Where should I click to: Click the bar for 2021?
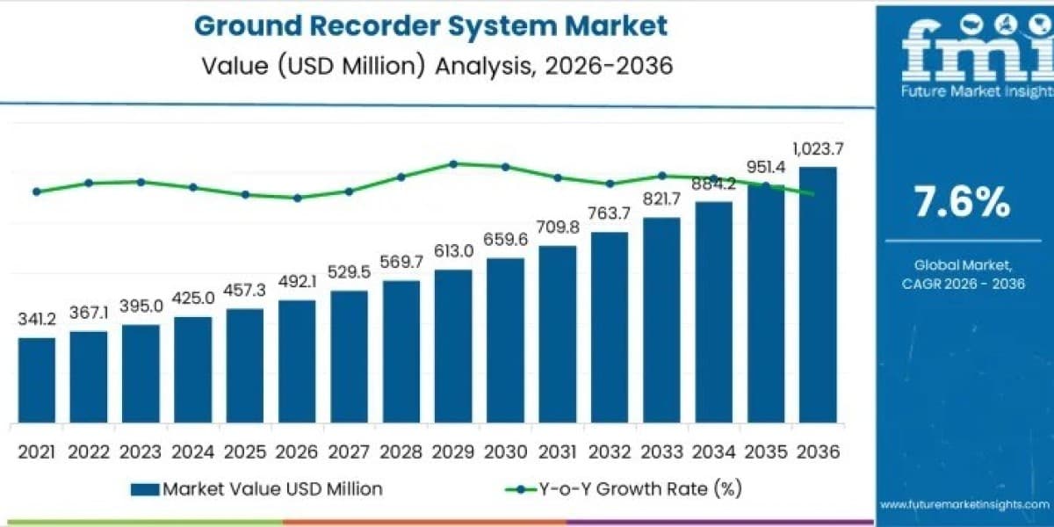(37, 380)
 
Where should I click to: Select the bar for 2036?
(818, 294)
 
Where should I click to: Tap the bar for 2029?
(453, 346)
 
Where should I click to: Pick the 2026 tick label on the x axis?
(297, 451)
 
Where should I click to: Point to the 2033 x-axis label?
(661, 451)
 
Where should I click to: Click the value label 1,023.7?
(818, 149)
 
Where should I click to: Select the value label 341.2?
(37, 319)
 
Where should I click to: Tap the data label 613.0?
(453, 251)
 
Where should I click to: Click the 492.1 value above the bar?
(297, 281)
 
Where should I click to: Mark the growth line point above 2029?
(453, 164)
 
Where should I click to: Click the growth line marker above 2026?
(297, 199)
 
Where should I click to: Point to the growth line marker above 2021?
(37, 191)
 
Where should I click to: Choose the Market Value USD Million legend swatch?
(145, 489)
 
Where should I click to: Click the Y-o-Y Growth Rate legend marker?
(520, 489)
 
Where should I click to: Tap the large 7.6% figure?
(962, 202)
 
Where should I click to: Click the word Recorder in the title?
(374, 25)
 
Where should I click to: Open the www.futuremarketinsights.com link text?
(964, 504)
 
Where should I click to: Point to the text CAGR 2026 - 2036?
(964, 284)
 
